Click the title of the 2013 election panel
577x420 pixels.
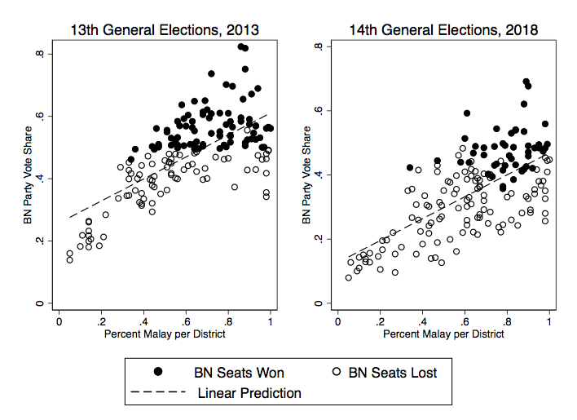pyautogui.click(x=164, y=31)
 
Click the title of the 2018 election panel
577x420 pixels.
pyautogui.click(x=443, y=31)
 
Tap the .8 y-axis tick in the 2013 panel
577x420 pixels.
pyautogui.click(x=49, y=54)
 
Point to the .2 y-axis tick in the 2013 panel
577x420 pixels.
pyautogui.click(x=49, y=241)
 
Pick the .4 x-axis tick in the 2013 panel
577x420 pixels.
pyautogui.click(x=143, y=321)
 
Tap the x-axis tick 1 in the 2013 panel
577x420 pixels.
pyautogui.click(x=271, y=321)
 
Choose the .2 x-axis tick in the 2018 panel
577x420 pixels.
pyautogui.click(x=380, y=321)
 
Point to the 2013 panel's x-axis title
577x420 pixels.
pyautogui.click(x=165, y=335)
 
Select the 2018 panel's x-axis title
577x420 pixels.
pyautogui.click(x=443, y=335)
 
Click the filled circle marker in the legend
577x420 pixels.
pyautogui.click(x=158, y=373)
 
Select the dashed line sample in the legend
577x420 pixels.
pyautogui.click(x=158, y=393)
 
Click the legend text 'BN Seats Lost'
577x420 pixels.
pyautogui.click(x=393, y=373)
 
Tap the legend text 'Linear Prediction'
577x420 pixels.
pyautogui.click(x=249, y=393)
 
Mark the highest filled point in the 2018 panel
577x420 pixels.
pyautogui.click(x=526, y=82)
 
